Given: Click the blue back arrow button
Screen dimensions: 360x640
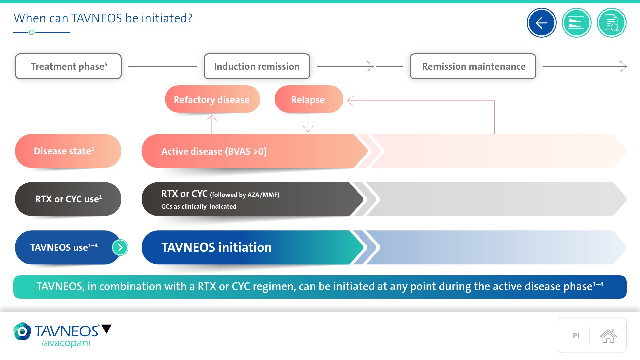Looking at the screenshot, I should pyautogui.click(x=541, y=23).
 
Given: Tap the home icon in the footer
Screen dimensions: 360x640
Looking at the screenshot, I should pyautogui.click(x=608, y=336).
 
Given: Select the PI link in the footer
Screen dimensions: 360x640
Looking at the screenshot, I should pyautogui.click(x=576, y=336).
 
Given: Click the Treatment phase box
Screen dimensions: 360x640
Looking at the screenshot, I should pyautogui.click(x=68, y=66).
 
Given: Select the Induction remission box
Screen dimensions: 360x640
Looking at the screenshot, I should pyautogui.click(x=257, y=66).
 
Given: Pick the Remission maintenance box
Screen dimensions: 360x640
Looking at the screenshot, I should pyautogui.click(x=473, y=66).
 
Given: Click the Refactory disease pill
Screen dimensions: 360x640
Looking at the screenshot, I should pyautogui.click(x=212, y=99).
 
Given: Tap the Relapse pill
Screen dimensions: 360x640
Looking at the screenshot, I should pyautogui.click(x=308, y=99).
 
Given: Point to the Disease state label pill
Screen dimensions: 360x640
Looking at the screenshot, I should pyautogui.click(x=68, y=151).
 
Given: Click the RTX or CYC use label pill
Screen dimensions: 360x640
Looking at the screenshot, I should pyautogui.click(x=68, y=199).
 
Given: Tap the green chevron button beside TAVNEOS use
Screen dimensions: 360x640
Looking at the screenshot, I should pyautogui.click(x=120, y=247).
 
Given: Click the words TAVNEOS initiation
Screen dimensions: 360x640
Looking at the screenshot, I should pyautogui.click(x=216, y=247).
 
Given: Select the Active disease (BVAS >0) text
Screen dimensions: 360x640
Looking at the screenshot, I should pyautogui.click(x=214, y=151).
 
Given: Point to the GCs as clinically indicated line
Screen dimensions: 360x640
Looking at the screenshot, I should pyautogui.click(x=199, y=207).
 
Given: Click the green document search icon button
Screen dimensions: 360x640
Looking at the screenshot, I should pyautogui.click(x=611, y=23).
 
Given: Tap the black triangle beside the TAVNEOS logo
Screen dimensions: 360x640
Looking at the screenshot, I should pyautogui.click(x=107, y=329).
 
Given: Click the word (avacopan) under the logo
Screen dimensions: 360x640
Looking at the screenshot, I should pyautogui.click(x=66, y=343).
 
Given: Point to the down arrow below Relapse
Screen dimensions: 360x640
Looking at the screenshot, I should pyautogui.click(x=308, y=123).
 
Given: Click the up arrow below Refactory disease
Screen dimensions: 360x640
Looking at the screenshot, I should pyautogui.click(x=212, y=123).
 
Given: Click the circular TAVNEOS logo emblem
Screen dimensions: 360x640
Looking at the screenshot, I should pyautogui.click(x=22, y=331).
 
